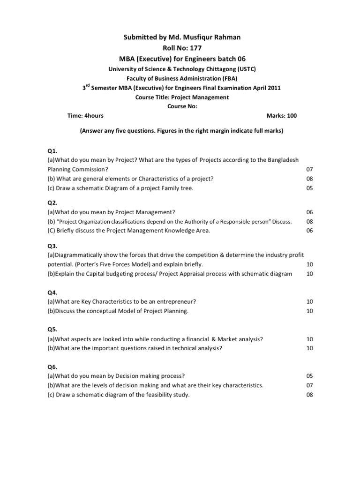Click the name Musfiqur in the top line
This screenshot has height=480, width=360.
[203, 37]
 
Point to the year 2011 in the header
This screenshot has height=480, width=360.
[274, 88]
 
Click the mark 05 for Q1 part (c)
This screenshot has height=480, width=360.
[309, 188]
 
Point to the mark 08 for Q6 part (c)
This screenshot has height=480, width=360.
[309, 395]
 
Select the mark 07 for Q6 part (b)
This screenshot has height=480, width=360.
[309, 385]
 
